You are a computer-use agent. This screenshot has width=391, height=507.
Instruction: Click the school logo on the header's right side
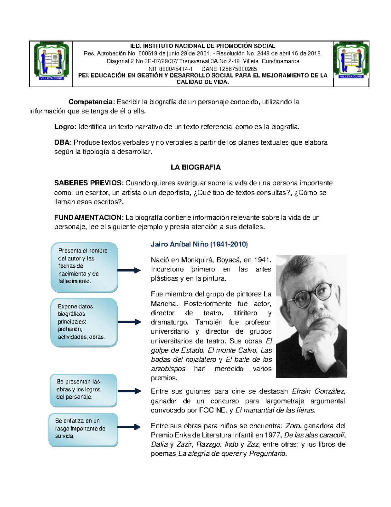pos(351,61)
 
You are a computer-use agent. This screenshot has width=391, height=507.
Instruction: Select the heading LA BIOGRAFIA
pos(195,167)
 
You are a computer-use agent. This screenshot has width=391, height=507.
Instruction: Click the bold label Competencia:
pos(92,102)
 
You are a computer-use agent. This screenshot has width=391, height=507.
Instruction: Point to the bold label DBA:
pos(63,142)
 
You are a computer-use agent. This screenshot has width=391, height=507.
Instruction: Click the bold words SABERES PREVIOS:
pos(89,183)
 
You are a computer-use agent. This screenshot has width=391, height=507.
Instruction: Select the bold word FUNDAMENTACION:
pos(89,217)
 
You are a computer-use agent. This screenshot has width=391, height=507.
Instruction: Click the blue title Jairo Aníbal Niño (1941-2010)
pos(199,244)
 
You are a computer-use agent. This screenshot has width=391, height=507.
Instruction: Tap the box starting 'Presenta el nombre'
pos(84,267)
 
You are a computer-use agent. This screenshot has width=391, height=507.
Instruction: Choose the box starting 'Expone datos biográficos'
pos(84,322)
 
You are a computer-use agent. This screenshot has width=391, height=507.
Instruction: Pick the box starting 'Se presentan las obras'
pos(83,390)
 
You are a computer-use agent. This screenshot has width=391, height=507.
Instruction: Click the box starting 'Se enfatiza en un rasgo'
pos(83,429)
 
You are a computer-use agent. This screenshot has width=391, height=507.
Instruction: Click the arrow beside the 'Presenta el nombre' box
pos(129,270)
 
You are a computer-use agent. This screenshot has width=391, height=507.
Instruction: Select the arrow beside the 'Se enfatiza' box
pos(129,427)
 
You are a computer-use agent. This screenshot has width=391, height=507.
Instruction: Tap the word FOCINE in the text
pos(212,410)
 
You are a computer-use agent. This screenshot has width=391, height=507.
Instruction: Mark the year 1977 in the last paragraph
pos(273,435)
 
